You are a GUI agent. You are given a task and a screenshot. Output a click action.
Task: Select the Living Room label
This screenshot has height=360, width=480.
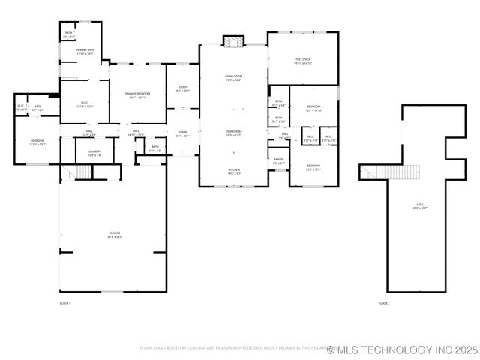(x=233, y=76)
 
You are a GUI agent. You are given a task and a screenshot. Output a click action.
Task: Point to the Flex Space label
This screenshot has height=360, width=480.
(x=303, y=59)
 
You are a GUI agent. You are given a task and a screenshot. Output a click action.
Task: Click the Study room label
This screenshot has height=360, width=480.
(x=182, y=87)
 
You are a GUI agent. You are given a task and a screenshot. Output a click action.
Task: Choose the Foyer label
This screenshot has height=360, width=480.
(x=182, y=133)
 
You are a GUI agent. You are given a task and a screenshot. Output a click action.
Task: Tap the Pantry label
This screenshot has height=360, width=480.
(x=278, y=158)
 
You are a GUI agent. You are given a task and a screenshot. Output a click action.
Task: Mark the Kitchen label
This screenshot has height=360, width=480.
(x=234, y=170)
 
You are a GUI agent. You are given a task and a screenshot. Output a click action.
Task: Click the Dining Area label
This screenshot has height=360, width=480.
(x=234, y=131)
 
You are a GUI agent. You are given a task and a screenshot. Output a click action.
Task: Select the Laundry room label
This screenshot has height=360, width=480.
(x=94, y=151)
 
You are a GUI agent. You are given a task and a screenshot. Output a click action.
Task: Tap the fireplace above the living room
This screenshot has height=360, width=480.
(x=233, y=40)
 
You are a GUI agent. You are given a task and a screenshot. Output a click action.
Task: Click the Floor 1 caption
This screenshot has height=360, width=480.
(x=64, y=303)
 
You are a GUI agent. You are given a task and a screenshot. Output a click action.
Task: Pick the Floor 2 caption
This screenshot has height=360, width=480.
(x=384, y=303)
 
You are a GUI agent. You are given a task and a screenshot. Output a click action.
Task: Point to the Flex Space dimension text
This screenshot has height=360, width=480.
(x=303, y=63)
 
